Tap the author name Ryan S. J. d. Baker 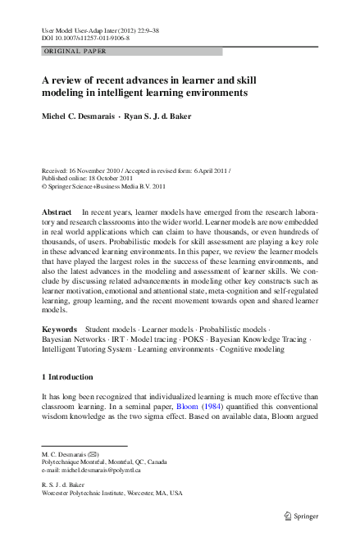pyautogui.click(x=157, y=116)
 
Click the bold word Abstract pyautogui.click(x=57, y=212)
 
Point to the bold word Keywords pyautogui.click(x=61, y=329)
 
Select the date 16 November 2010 pyautogui.click(x=97, y=170)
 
